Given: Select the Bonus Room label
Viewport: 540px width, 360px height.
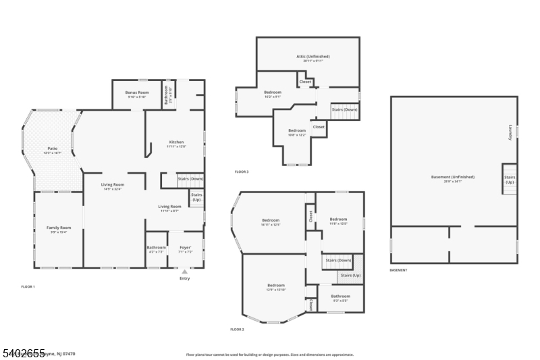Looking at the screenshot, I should point(138,92).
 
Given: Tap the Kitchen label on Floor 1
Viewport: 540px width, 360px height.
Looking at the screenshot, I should point(176,143).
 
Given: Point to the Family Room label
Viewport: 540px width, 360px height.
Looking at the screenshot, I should point(59,228).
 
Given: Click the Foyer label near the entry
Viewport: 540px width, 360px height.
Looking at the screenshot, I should point(185,247).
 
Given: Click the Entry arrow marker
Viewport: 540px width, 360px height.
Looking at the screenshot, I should point(184,272).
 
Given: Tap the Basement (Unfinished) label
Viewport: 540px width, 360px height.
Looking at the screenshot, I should point(453,177).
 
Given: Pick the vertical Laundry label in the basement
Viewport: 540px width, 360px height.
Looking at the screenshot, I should point(510,131).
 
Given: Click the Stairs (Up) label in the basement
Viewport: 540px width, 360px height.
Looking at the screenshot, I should point(510,180).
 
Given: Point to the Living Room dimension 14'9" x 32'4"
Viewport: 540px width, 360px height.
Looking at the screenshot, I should point(113,188).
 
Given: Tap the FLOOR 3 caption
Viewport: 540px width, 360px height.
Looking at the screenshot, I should point(242,172).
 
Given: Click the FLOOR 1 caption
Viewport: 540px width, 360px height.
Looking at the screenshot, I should point(28,287).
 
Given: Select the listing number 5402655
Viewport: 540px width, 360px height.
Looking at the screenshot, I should point(23,353).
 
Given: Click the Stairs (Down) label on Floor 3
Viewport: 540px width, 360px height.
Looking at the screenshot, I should point(344,109).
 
